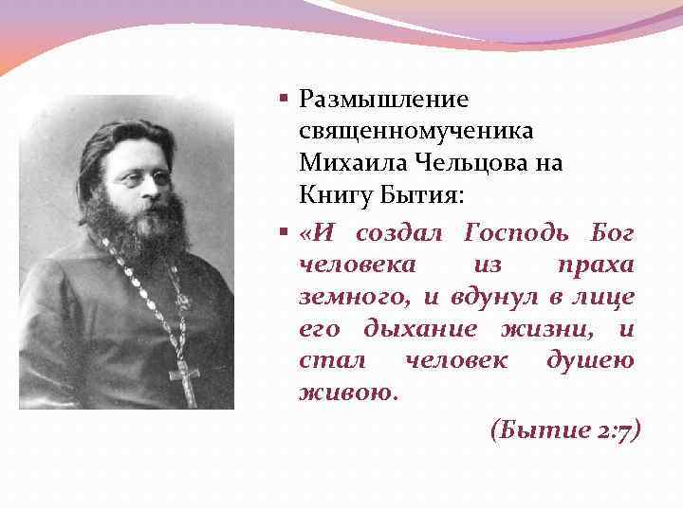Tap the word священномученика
tap(415, 131)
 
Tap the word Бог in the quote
tap(612, 233)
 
